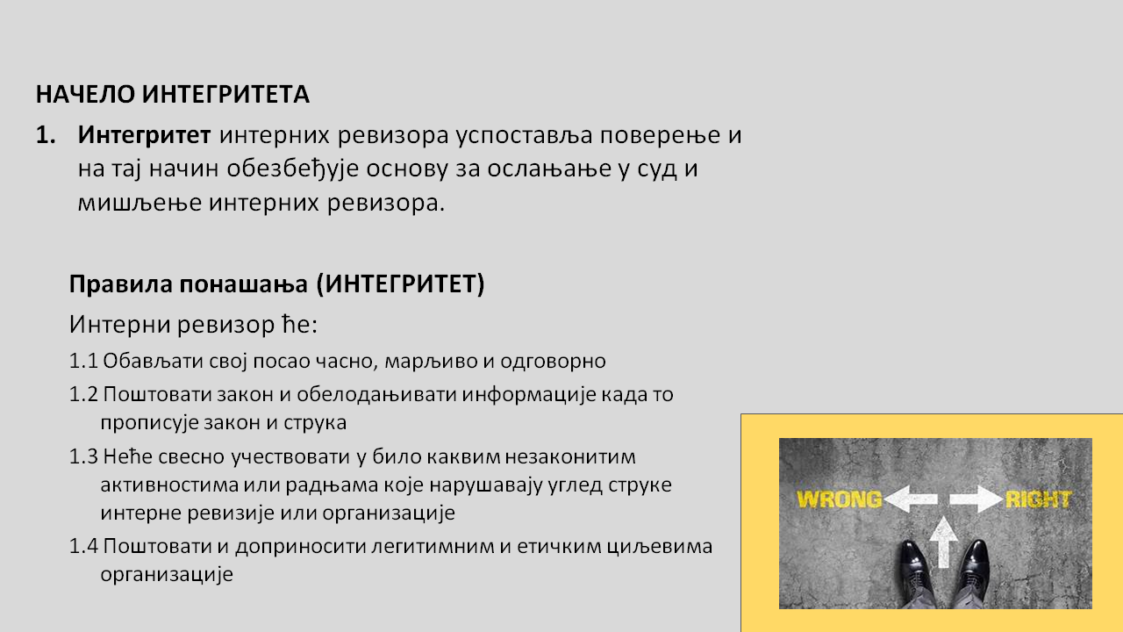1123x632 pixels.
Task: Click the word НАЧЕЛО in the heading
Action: coord(85,94)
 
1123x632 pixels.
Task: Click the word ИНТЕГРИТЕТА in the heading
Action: coord(226,94)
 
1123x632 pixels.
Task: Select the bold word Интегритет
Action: coord(144,135)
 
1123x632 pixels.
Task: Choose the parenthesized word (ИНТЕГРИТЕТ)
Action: coord(401,284)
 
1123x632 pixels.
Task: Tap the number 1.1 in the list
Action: coord(83,361)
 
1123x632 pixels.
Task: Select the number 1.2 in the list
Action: coord(83,394)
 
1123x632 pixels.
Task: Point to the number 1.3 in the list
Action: coord(83,456)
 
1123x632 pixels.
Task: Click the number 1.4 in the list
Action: coord(83,546)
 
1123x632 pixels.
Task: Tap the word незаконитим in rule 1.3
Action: coord(570,457)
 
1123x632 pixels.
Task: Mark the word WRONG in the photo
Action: coord(840,499)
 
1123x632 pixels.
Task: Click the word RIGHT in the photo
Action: coord(1038,499)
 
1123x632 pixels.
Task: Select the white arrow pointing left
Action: coord(911,499)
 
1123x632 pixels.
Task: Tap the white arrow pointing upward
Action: coord(943,542)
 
